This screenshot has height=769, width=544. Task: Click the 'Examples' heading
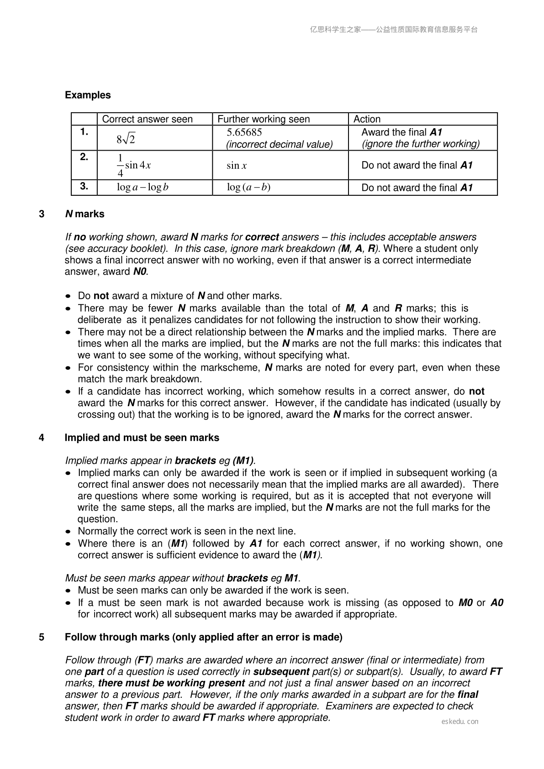(88, 95)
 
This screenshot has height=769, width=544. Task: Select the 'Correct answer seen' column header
(147, 119)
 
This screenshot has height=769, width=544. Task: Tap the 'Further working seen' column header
(264, 119)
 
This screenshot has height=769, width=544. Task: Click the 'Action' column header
(367, 119)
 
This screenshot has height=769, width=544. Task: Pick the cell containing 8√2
(126, 138)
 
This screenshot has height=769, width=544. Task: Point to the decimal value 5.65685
(244, 132)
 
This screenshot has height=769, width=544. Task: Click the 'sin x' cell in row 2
(237, 165)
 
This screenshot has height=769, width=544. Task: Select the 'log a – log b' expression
(143, 187)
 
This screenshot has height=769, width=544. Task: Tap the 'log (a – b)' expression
(248, 187)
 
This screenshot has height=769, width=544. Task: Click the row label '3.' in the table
(84, 186)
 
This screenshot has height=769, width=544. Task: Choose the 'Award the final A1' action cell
(402, 132)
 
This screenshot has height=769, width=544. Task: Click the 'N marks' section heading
(85, 214)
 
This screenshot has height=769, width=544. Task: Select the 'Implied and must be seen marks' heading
(142, 438)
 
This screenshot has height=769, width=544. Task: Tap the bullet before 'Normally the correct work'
(68, 532)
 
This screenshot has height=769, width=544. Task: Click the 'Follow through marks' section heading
(203, 637)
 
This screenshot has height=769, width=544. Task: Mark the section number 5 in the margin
(42, 637)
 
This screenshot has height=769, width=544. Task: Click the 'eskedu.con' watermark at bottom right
(460, 721)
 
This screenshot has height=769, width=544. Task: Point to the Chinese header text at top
(394, 30)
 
